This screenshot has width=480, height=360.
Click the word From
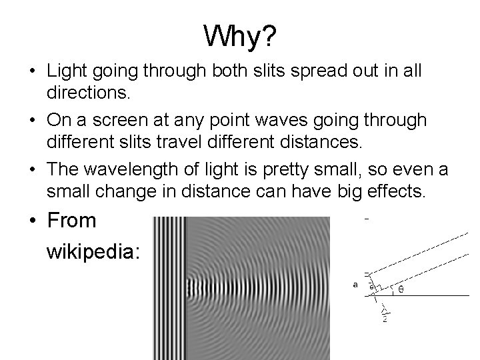72,221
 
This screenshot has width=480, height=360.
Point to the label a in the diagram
355,284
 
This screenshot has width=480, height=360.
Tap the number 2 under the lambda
385,319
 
